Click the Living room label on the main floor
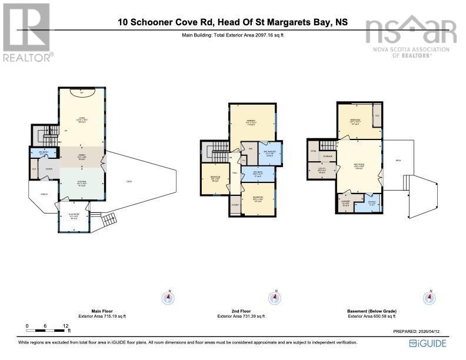82,119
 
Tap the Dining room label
82,156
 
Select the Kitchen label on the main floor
82,183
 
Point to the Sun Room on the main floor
74,216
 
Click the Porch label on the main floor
44,194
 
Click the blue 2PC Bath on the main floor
43,153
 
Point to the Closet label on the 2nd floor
236,205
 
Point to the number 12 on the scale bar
66,325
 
